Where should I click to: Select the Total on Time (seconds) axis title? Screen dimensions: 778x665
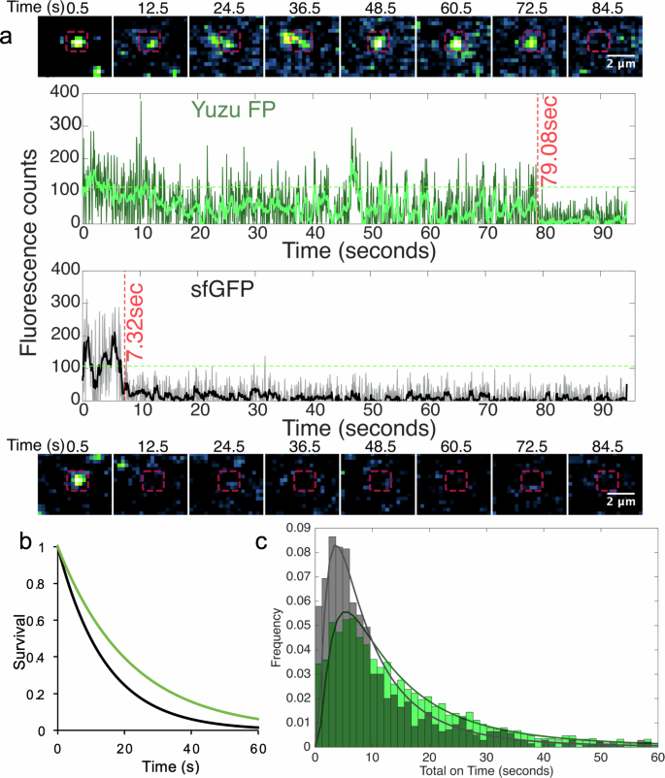[488, 770]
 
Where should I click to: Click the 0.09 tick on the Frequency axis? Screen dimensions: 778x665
[302, 528]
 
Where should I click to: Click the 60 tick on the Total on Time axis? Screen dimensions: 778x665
[657, 759]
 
